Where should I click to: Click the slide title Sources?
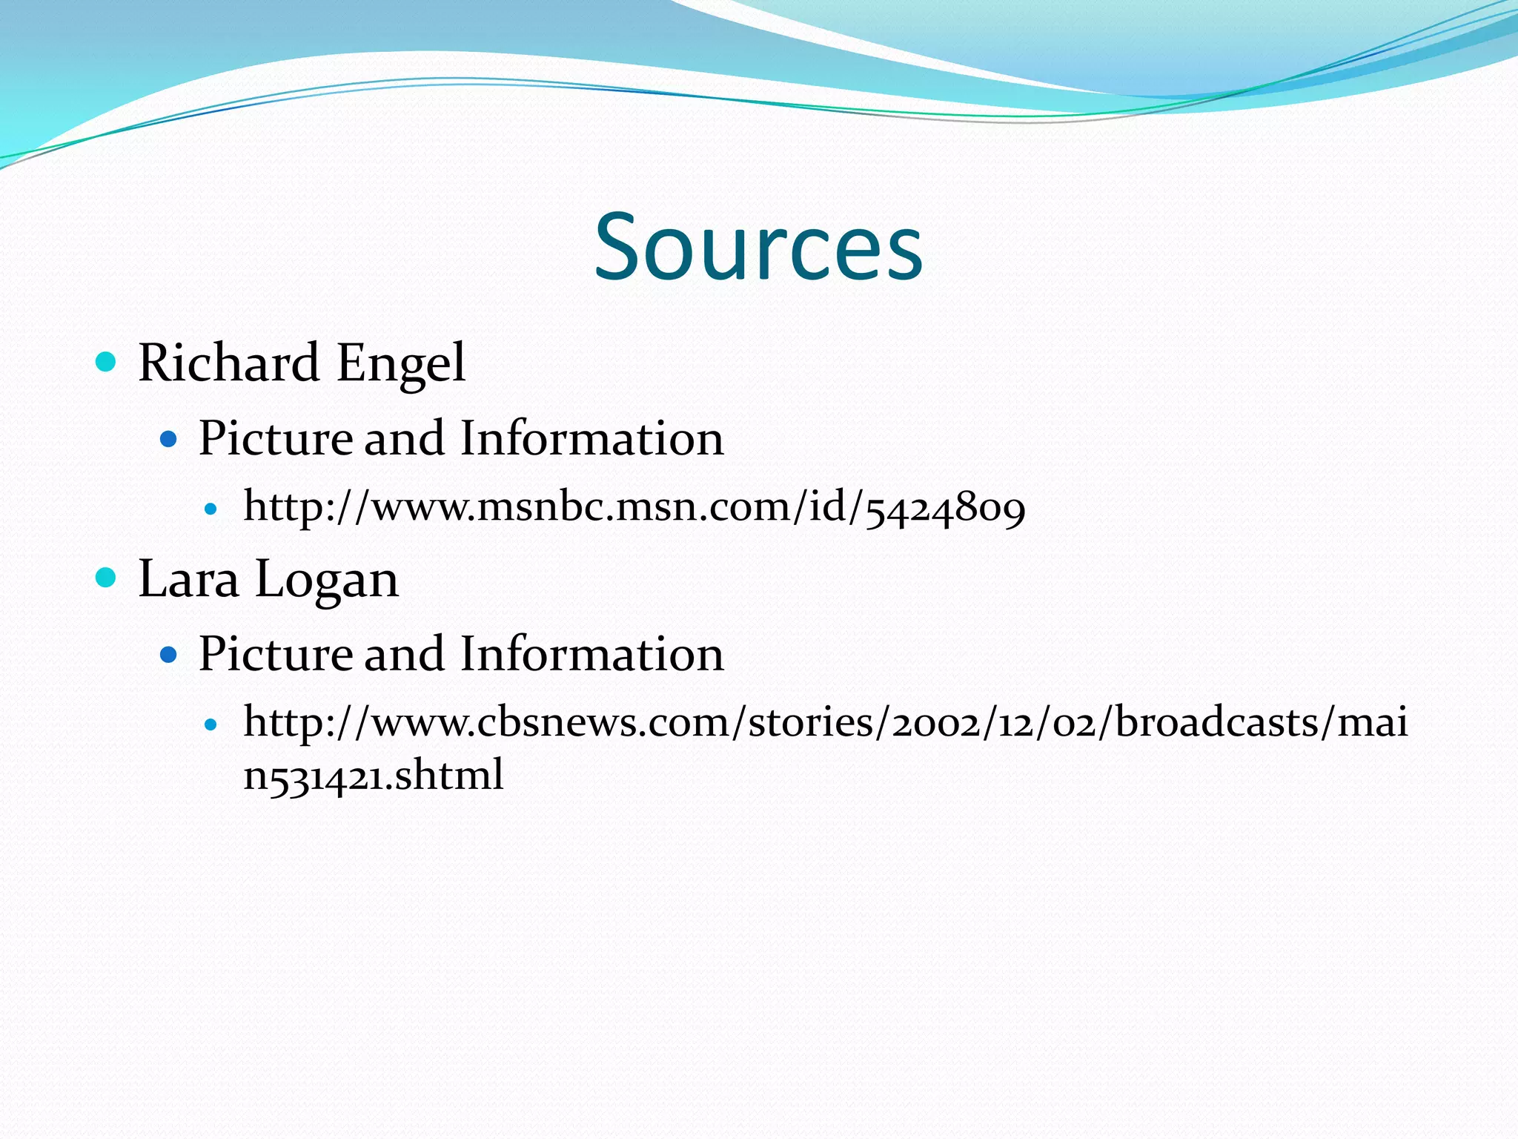(758, 247)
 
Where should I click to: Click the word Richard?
(228, 363)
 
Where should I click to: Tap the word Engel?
(401, 363)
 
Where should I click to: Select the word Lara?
(188, 578)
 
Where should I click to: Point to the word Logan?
(327, 580)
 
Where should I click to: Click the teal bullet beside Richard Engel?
(107, 362)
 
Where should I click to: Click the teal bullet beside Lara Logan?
(107, 577)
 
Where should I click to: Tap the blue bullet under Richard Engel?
(169, 439)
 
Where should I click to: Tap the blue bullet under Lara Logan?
(169, 655)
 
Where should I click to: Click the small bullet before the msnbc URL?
(211, 509)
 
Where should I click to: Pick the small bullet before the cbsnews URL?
(211, 724)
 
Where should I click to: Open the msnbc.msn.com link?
(634, 508)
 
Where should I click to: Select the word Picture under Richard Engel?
(275, 438)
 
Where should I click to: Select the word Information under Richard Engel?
(591, 438)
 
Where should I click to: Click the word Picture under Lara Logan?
(275, 654)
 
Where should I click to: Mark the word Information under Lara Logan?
(591, 654)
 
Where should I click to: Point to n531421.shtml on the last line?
(374, 776)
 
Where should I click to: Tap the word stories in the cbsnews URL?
(811, 722)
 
